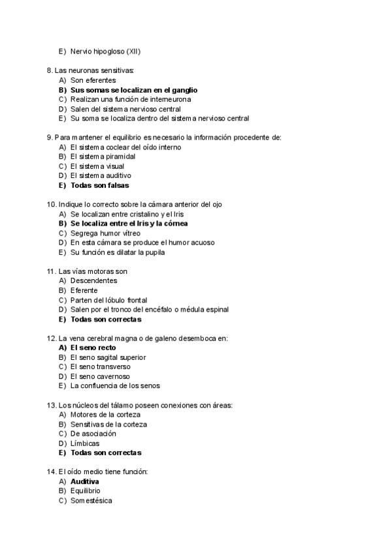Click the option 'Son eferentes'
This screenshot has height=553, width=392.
pos(93,80)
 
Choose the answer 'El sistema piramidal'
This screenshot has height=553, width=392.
pos(103,157)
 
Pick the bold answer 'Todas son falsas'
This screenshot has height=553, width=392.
pos(100,185)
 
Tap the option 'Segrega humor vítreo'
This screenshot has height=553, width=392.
pos(105,233)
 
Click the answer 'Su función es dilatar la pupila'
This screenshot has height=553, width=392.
pos(118,252)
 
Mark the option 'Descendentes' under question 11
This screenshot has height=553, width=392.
pos(94,280)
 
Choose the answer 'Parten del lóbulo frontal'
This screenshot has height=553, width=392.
pos(109,300)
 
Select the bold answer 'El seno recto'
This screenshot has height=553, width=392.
pos(93,348)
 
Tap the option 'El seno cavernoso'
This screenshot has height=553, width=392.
pos(100,376)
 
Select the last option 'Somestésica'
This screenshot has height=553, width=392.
pos(91,501)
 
